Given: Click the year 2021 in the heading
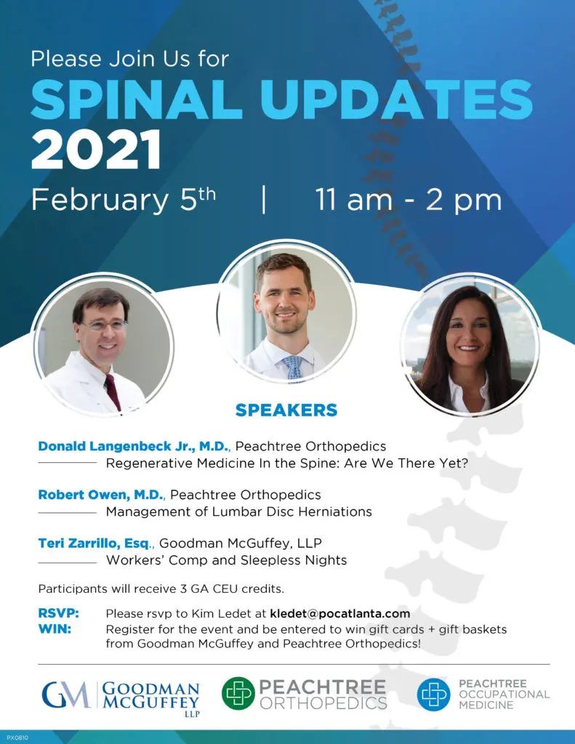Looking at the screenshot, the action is pos(97,150).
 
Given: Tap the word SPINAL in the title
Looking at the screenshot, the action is pos(137,100).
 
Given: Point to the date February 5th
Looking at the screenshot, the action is pos(124,199).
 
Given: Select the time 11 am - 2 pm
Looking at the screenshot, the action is pos(409,200).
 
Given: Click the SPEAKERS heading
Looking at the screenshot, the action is pos(286,410).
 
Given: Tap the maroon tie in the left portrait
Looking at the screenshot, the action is pos(113,392).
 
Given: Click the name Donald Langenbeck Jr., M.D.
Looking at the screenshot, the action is pos(134,447).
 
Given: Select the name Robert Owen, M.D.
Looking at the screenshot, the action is pos(101,495).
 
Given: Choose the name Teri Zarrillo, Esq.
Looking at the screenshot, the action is pos(95,543).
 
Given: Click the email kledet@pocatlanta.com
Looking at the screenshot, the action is pos(340,613).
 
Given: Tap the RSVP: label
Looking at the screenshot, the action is pos(58,613).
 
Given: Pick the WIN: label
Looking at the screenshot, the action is pos(55,629).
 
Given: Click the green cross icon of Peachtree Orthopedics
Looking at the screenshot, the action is pos(238,693).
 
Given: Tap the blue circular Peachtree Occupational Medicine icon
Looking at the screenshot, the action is pos(433,694).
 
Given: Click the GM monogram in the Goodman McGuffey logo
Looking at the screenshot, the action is pos(66,695).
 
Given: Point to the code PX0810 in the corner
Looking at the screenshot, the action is pos(17,738).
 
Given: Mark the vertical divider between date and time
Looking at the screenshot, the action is pos(264,200).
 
